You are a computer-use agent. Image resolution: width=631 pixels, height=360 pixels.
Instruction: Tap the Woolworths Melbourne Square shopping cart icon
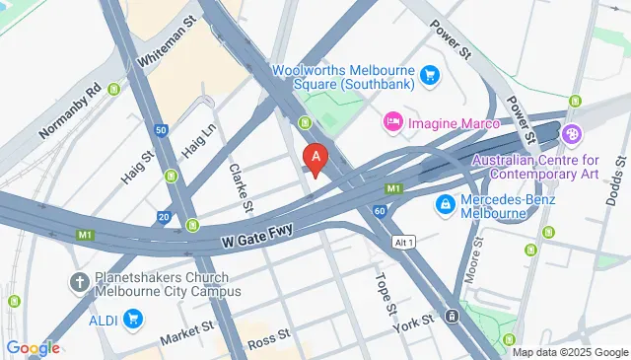tap(429, 74)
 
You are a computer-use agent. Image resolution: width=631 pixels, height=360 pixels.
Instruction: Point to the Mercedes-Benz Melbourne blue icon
tap(446, 204)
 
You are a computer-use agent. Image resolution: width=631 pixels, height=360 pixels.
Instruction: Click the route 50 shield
tap(161, 129)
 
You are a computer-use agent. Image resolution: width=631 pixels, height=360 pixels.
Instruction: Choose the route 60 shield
tap(380, 210)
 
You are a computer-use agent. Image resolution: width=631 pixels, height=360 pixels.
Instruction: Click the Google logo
tap(33, 347)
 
